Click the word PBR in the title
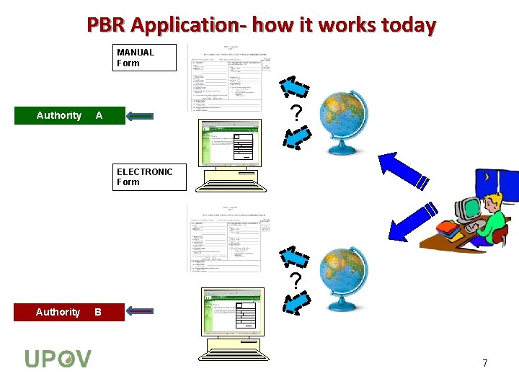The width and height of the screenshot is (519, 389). click(109, 25)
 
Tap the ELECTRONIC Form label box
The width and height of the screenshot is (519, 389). click(151, 177)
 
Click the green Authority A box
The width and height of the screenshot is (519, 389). click(69, 115)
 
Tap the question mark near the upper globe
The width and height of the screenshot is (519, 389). click(294, 112)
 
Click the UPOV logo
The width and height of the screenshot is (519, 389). click(58, 358)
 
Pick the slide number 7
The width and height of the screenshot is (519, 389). click(485, 363)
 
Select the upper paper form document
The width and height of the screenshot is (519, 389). click(229, 78)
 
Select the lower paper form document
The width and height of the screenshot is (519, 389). click(229, 238)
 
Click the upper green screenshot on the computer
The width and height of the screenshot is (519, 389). click(229, 142)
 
